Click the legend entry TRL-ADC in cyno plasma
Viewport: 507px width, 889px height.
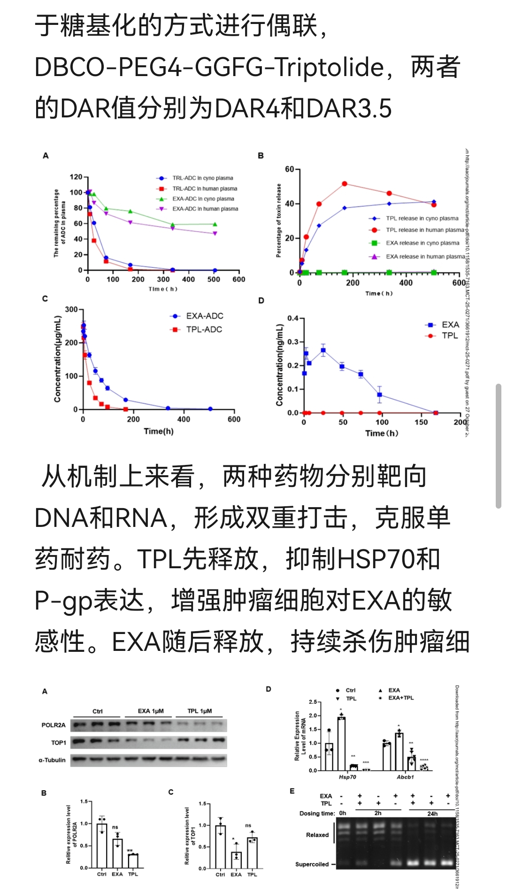tap(202, 178)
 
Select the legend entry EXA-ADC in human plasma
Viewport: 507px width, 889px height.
tap(205, 209)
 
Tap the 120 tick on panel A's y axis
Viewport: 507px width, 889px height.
tap(76, 177)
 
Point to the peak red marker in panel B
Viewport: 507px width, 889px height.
tap(345, 184)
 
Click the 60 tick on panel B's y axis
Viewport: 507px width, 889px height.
tap(289, 169)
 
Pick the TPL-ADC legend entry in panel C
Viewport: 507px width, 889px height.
tap(204, 330)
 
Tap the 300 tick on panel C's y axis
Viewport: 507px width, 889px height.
tap(71, 309)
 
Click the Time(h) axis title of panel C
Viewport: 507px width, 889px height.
tap(159, 431)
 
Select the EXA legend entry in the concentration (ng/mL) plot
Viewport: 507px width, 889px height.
tap(450, 325)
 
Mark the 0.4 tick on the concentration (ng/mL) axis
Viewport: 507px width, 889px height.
tap(292, 318)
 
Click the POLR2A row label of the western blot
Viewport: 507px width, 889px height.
tap(54, 725)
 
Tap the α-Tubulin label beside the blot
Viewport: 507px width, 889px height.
tap(52, 760)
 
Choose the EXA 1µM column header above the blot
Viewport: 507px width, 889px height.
tap(151, 711)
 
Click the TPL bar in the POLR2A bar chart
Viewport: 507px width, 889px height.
tap(133, 861)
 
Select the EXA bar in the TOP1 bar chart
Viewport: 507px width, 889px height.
tap(236, 860)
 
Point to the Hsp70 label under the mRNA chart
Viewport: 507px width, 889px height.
tap(347, 777)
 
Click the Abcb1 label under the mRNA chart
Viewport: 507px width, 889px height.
tap(405, 777)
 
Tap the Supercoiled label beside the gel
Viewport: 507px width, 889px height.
tap(312, 864)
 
